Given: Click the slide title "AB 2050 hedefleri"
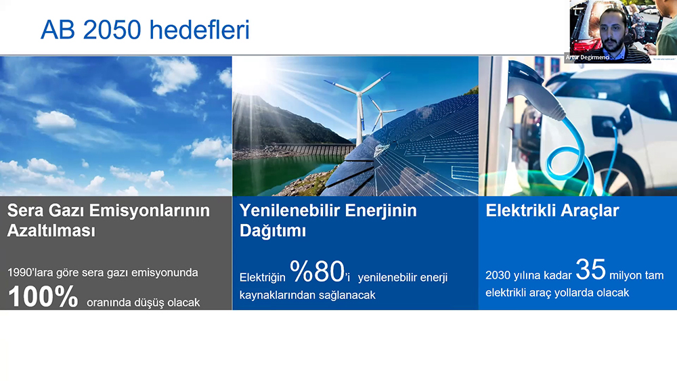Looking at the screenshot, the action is coord(145,29).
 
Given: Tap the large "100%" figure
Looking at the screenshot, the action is coord(43,296).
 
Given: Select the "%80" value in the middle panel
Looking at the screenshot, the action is coord(317,271).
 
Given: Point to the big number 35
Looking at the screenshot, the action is coord(590,269).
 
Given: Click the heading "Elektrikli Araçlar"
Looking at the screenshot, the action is coord(552,210).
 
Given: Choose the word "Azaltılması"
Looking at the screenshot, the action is coord(51,230).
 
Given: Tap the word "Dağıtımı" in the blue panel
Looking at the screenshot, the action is coord(272,230).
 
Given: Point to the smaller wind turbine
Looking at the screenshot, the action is coord(380,113).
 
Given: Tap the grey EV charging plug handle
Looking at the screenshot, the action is coord(534,91).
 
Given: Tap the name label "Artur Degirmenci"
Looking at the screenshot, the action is coord(587,57).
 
